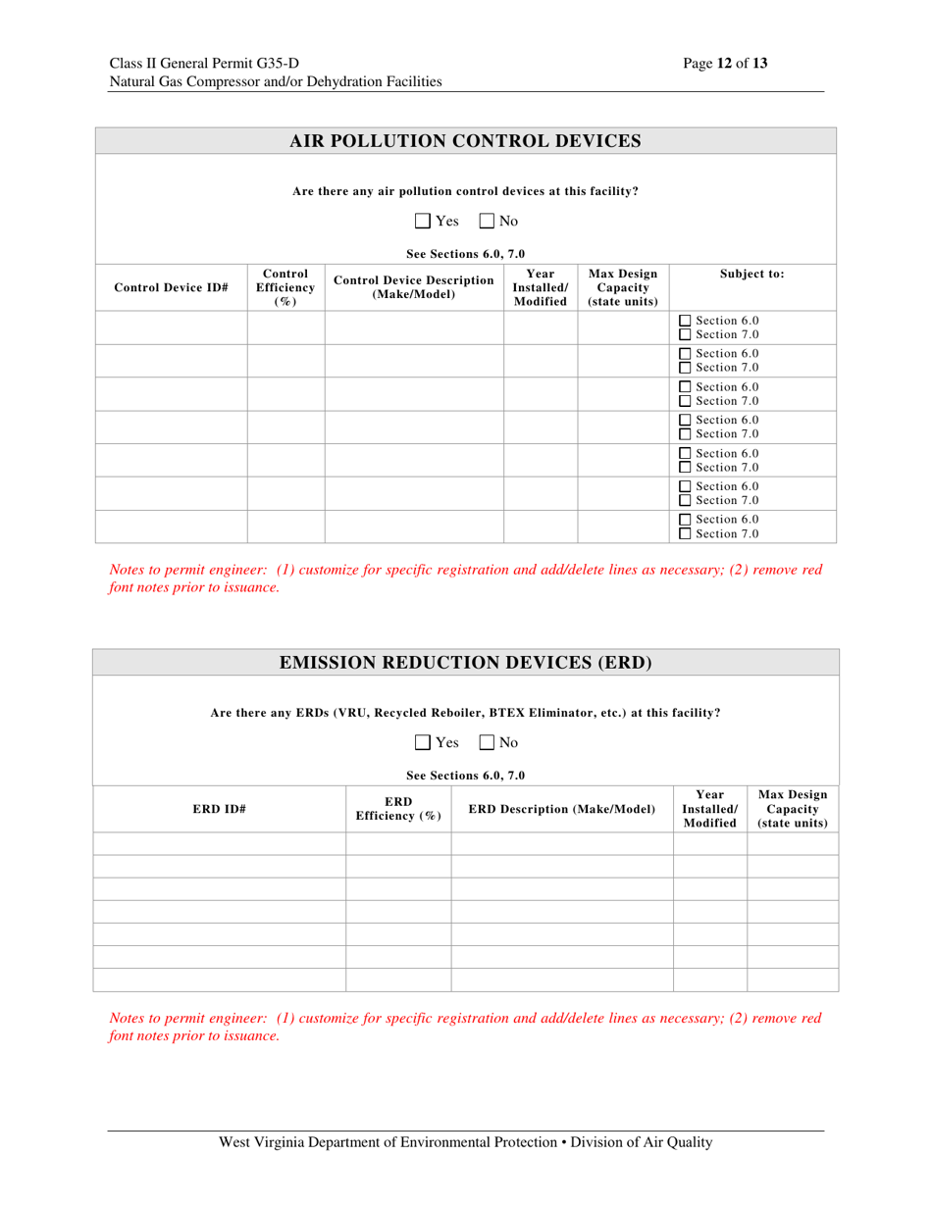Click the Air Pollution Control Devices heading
465,141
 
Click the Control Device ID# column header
172,288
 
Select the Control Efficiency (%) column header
285,287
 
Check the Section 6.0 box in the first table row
686,322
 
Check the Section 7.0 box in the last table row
686,533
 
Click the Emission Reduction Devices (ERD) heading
465,662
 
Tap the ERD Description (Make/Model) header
562,809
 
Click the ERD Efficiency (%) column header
398,809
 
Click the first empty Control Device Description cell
414,328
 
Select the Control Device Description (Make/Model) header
414,287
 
